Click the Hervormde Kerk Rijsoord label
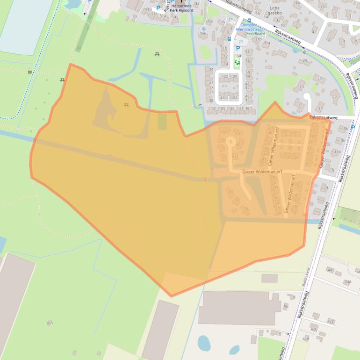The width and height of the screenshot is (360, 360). tap(182, 7)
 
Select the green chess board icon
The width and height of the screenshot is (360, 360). tap(237, 62)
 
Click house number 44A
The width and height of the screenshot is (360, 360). tap(347, 282)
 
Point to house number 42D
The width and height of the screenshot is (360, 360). tap(331, 321)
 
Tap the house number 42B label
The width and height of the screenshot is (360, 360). tap(306, 338)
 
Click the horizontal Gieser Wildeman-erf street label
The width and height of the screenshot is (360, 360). tap(262, 172)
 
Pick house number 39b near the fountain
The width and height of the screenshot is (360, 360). tap(203, 34)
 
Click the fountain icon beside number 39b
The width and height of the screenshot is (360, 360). tap(203, 28)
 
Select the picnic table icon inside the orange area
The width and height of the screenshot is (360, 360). tap(127, 105)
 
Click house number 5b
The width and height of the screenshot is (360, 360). tap(286, 306)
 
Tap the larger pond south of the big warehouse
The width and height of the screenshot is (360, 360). tap(204, 343)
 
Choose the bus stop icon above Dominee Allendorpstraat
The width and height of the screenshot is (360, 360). tap(249, 20)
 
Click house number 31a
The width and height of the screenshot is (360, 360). tap(266, 43)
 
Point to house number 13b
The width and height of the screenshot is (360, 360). tap(342, 140)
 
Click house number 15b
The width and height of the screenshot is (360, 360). tap(345, 129)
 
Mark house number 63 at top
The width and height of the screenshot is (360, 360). tap(135, 17)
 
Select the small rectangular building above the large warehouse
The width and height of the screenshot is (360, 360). tap(269, 278)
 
